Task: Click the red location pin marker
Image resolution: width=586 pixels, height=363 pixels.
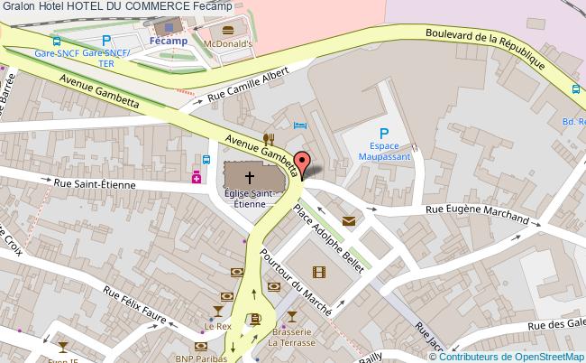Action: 303,163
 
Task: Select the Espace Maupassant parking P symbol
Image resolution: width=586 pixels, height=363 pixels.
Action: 383,134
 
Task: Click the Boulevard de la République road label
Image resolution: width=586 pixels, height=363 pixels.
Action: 486,50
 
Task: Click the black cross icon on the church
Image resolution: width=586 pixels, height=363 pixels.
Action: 250,177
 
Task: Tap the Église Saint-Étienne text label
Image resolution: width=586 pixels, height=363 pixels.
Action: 250,198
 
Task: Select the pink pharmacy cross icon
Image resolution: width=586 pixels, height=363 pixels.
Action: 196,178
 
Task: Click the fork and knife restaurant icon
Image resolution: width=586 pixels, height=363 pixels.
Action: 268,138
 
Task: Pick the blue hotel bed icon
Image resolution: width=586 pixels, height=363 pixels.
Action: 300,125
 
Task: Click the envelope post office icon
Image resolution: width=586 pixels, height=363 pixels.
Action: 348,220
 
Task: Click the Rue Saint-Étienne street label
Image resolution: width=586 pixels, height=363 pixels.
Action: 94,184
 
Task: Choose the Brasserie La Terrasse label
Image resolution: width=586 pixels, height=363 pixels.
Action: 291,337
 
